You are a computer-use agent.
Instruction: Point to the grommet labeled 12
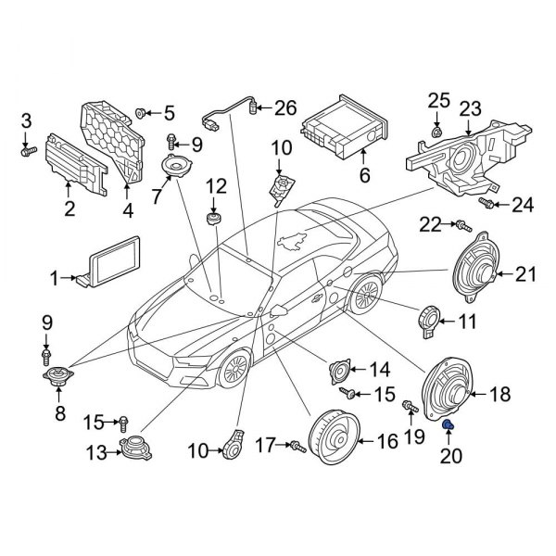(214, 219)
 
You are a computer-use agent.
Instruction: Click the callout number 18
(499, 395)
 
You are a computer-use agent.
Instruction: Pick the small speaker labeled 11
(428, 319)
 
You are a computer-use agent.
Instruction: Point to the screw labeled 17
(297, 447)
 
